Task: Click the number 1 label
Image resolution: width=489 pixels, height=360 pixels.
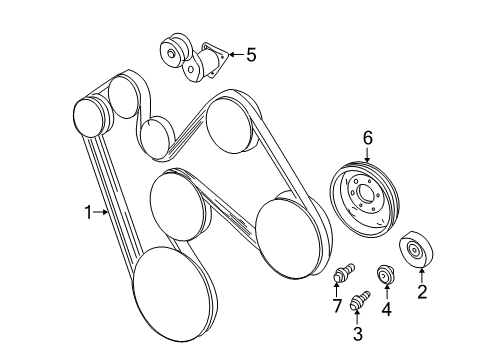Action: pyautogui.click(x=90, y=211)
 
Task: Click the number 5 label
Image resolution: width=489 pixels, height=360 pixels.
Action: pyautogui.click(x=250, y=55)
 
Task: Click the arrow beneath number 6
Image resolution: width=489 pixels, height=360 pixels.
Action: pyautogui.click(x=367, y=157)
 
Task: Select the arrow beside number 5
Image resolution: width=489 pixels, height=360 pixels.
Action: pyautogui.click(x=234, y=55)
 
